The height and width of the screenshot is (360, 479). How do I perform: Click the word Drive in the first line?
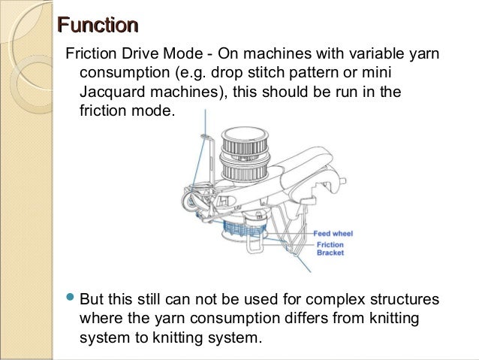[136, 58]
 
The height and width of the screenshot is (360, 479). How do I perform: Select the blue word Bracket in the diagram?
[330, 253]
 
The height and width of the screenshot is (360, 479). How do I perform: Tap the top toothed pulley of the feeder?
[242, 139]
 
